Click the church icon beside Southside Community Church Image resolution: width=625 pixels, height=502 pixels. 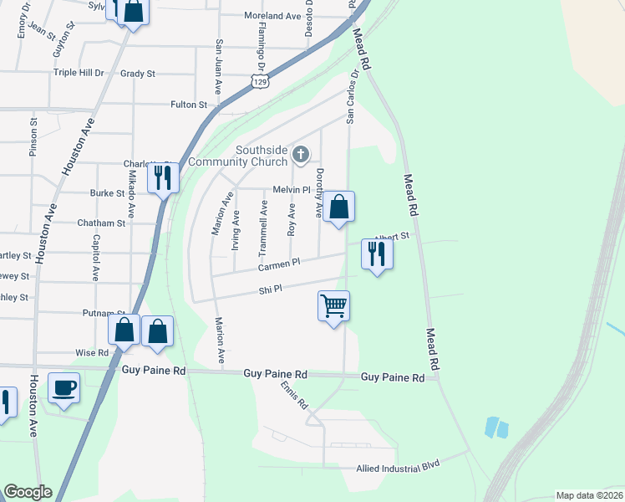(302, 155)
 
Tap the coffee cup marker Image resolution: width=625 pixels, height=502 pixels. (64, 388)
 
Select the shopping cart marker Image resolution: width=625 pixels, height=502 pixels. (333, 306)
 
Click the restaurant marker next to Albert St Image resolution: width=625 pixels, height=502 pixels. (377, 254)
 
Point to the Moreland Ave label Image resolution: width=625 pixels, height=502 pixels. (272, 16)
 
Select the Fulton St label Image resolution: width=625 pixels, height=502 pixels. (189, 105)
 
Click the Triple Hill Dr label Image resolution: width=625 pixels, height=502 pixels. (79, 74)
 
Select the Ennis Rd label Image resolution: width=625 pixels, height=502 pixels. (295, 394)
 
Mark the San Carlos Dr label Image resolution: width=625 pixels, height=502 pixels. (353, 96)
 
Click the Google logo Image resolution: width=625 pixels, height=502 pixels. (28, 492)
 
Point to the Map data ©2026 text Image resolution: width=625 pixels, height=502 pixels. (588, 495)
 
